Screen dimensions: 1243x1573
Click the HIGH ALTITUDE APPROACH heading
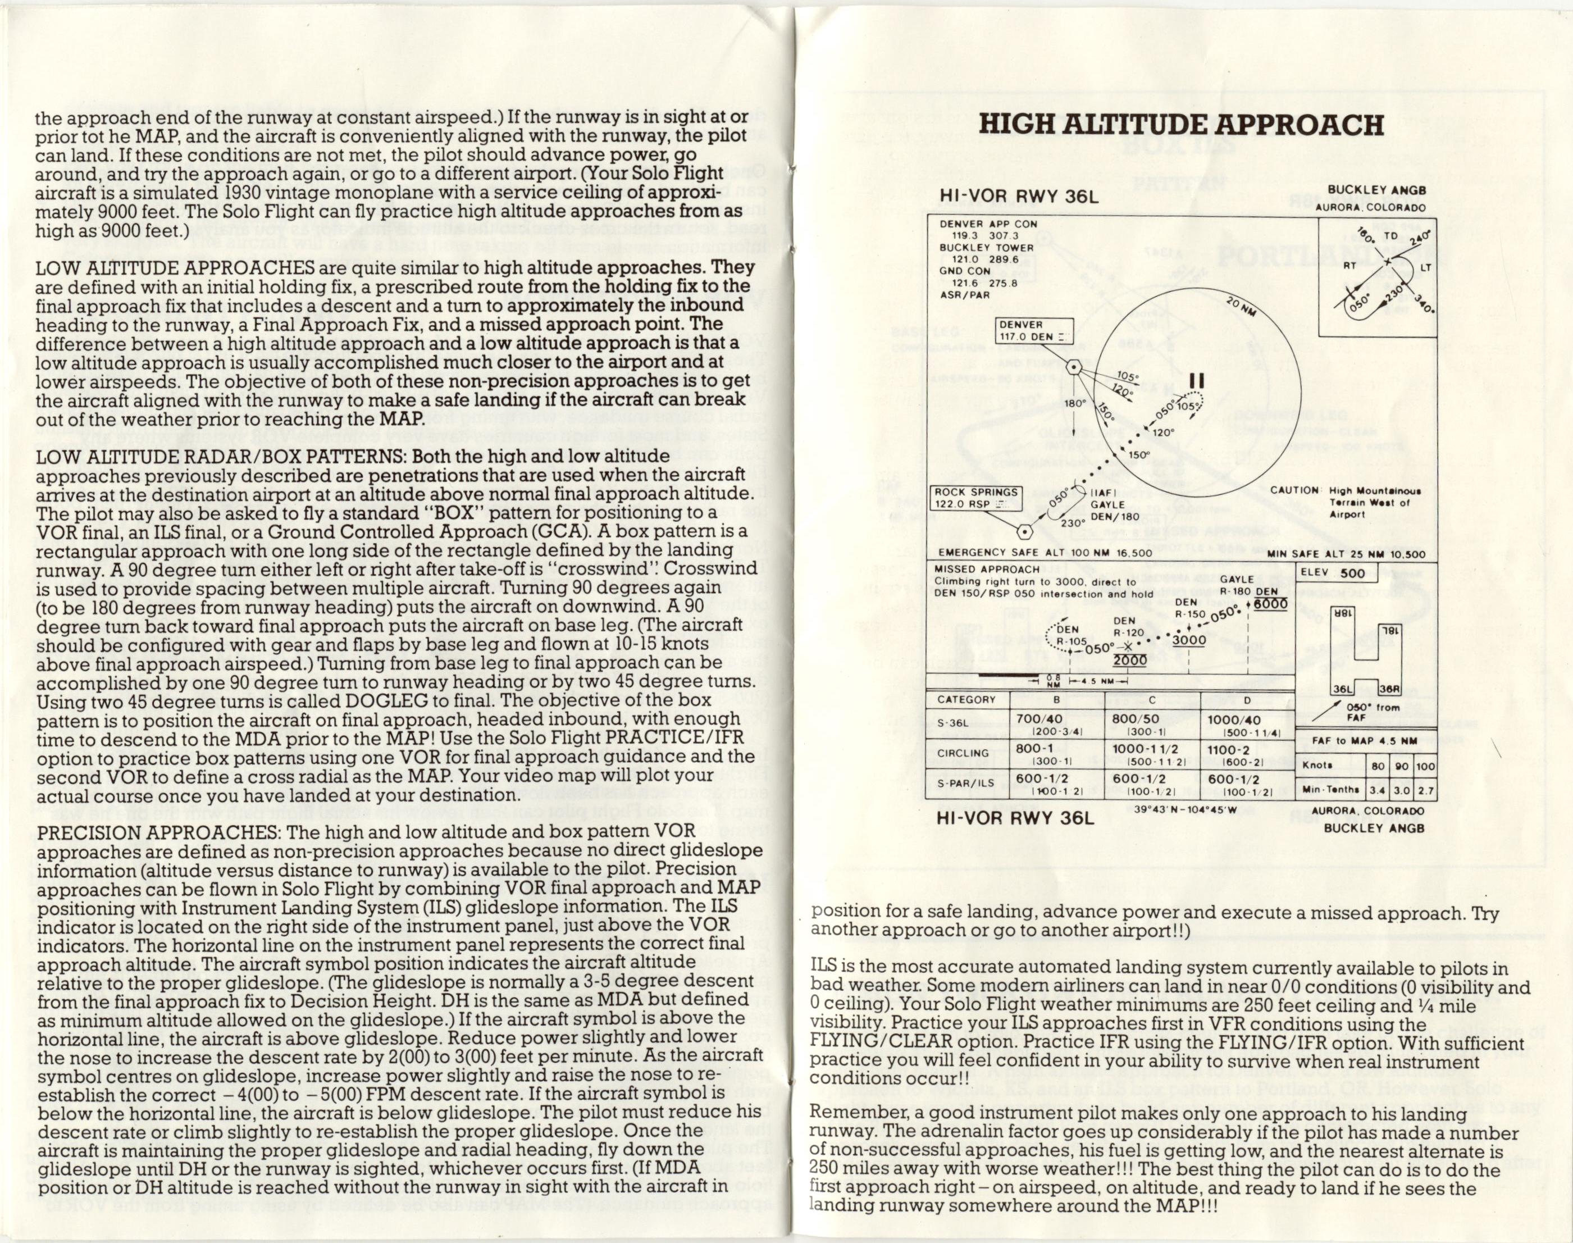point(1181,125)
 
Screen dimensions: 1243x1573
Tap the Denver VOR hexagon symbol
point(1073,367)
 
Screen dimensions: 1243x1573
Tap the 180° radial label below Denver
point(1075,403)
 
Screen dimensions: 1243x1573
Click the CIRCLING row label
point(963,753)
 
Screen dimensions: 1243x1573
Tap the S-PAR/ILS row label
point(965,783)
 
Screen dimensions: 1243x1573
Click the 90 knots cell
point(1401,766)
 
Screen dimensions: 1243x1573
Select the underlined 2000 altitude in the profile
point(1130,659)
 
